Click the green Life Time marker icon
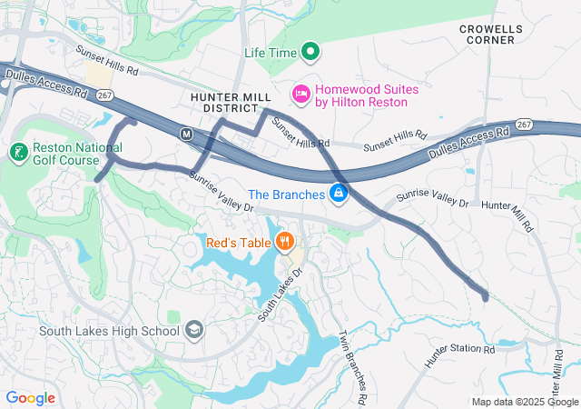click(x=310, y=52)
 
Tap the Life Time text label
click(x=271, y=53)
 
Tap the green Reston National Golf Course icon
click(x=18, y=150)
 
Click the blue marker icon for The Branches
click(x=338, y=194)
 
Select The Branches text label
click(x=286, y=195)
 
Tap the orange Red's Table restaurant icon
click(x=284, y=241)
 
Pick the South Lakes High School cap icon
click(x=193, y=330)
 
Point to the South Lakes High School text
click(x=109, y=331)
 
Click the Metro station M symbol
click(x=186, y=134)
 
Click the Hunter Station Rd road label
click(x=460, y=354)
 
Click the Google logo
click(x=30, y=397)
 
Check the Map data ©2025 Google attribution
click(x=524, y=402)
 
